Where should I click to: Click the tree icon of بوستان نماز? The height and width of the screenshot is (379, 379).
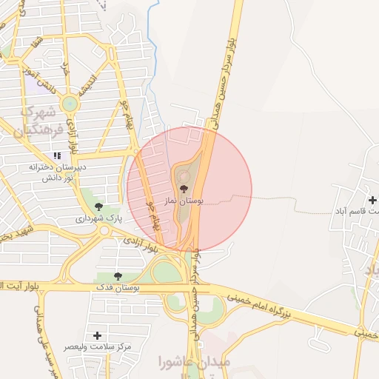point(184,189)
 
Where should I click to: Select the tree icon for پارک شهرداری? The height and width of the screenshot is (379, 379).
point(99,207)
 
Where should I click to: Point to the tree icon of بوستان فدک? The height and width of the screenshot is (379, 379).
point(118,275)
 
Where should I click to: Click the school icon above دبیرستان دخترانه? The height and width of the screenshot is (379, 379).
point(56,156)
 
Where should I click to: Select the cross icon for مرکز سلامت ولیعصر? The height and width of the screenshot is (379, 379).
point(98,336)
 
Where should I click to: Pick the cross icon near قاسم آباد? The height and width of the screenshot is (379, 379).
point(372,200)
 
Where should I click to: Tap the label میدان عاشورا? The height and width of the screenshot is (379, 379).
point(195,362)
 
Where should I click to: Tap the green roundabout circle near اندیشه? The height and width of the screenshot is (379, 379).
point(70,103)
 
